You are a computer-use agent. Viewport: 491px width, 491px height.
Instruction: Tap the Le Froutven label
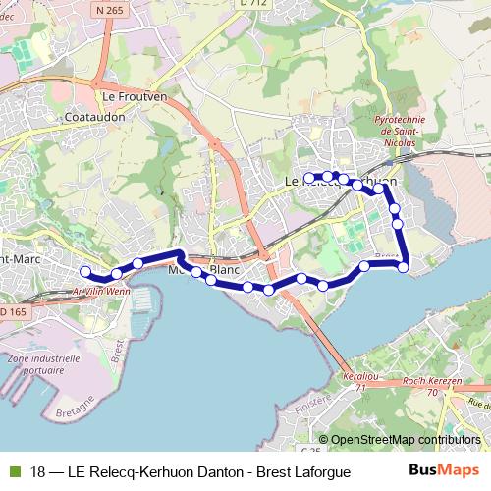click(132, 97)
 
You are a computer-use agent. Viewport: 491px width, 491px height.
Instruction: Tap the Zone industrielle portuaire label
click(41, 366)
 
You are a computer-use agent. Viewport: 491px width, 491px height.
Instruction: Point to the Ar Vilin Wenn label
click(102, 292)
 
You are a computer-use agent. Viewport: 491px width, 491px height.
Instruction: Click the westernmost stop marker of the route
click(85, 271)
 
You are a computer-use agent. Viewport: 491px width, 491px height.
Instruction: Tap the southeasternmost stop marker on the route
click(403, 267)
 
